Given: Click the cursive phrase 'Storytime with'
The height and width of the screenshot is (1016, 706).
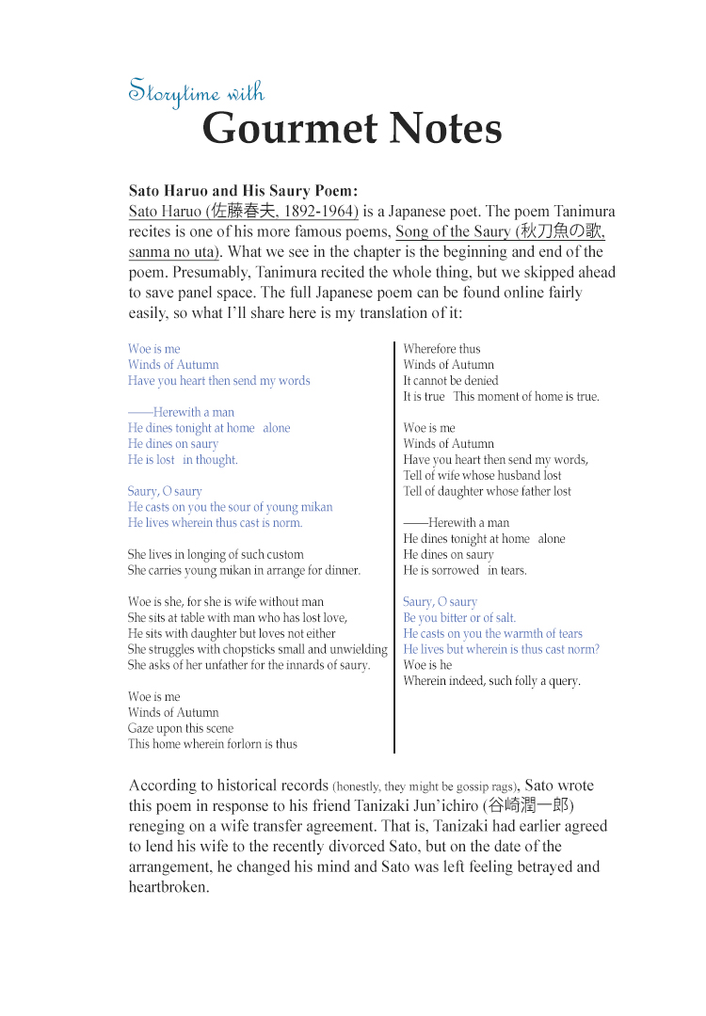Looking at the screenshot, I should [x=196, y=92].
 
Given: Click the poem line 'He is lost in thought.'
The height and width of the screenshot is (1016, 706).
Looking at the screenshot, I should [x=183, y=460].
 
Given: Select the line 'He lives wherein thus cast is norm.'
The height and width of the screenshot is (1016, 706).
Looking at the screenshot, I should [x=215, y=523].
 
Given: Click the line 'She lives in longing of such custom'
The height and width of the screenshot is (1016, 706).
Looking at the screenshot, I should [x=216, y=555].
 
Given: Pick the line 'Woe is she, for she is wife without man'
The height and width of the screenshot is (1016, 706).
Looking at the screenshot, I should [x=226, y=602].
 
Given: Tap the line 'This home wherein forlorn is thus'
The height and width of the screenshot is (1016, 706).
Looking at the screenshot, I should [x=213, y=744].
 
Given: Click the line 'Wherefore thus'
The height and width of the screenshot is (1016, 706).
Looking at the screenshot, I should [x=441, y=349].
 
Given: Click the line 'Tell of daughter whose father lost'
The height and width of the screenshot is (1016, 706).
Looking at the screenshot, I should [x=487, y=491].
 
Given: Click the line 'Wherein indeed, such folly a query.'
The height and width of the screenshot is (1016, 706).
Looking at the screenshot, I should [x=491, y=681].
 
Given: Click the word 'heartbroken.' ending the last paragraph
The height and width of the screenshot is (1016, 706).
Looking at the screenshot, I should [x=168, y=887].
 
